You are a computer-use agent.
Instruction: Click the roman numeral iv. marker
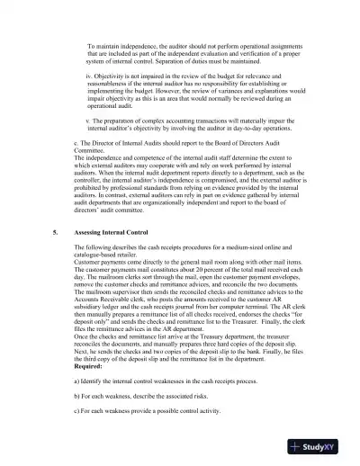pos(89,76)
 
